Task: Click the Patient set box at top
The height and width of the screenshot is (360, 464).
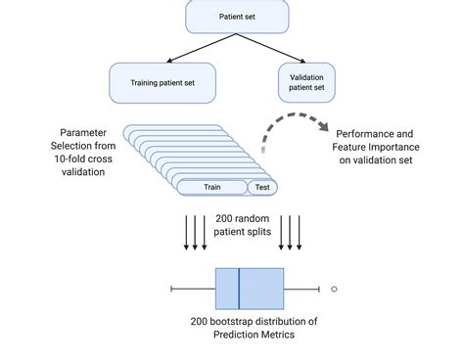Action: coord(237,17)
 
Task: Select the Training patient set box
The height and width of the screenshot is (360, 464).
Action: coord(163,82)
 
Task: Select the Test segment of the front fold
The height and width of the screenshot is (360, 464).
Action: coord(262,187)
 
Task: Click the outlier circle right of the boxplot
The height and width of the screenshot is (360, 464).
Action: coord(334,289)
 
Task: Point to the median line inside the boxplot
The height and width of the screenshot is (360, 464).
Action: coord(240,289)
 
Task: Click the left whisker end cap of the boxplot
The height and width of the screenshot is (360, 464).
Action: coord(171,289)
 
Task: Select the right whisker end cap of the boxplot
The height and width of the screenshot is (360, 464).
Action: coord(319,289)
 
